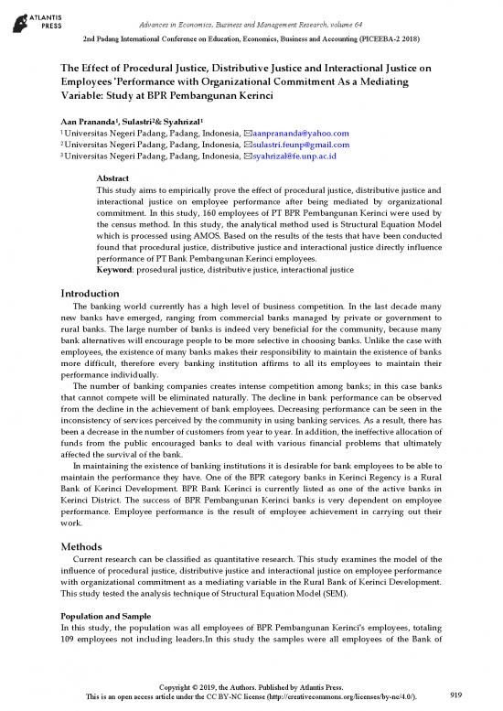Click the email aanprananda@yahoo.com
click(297, 133)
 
